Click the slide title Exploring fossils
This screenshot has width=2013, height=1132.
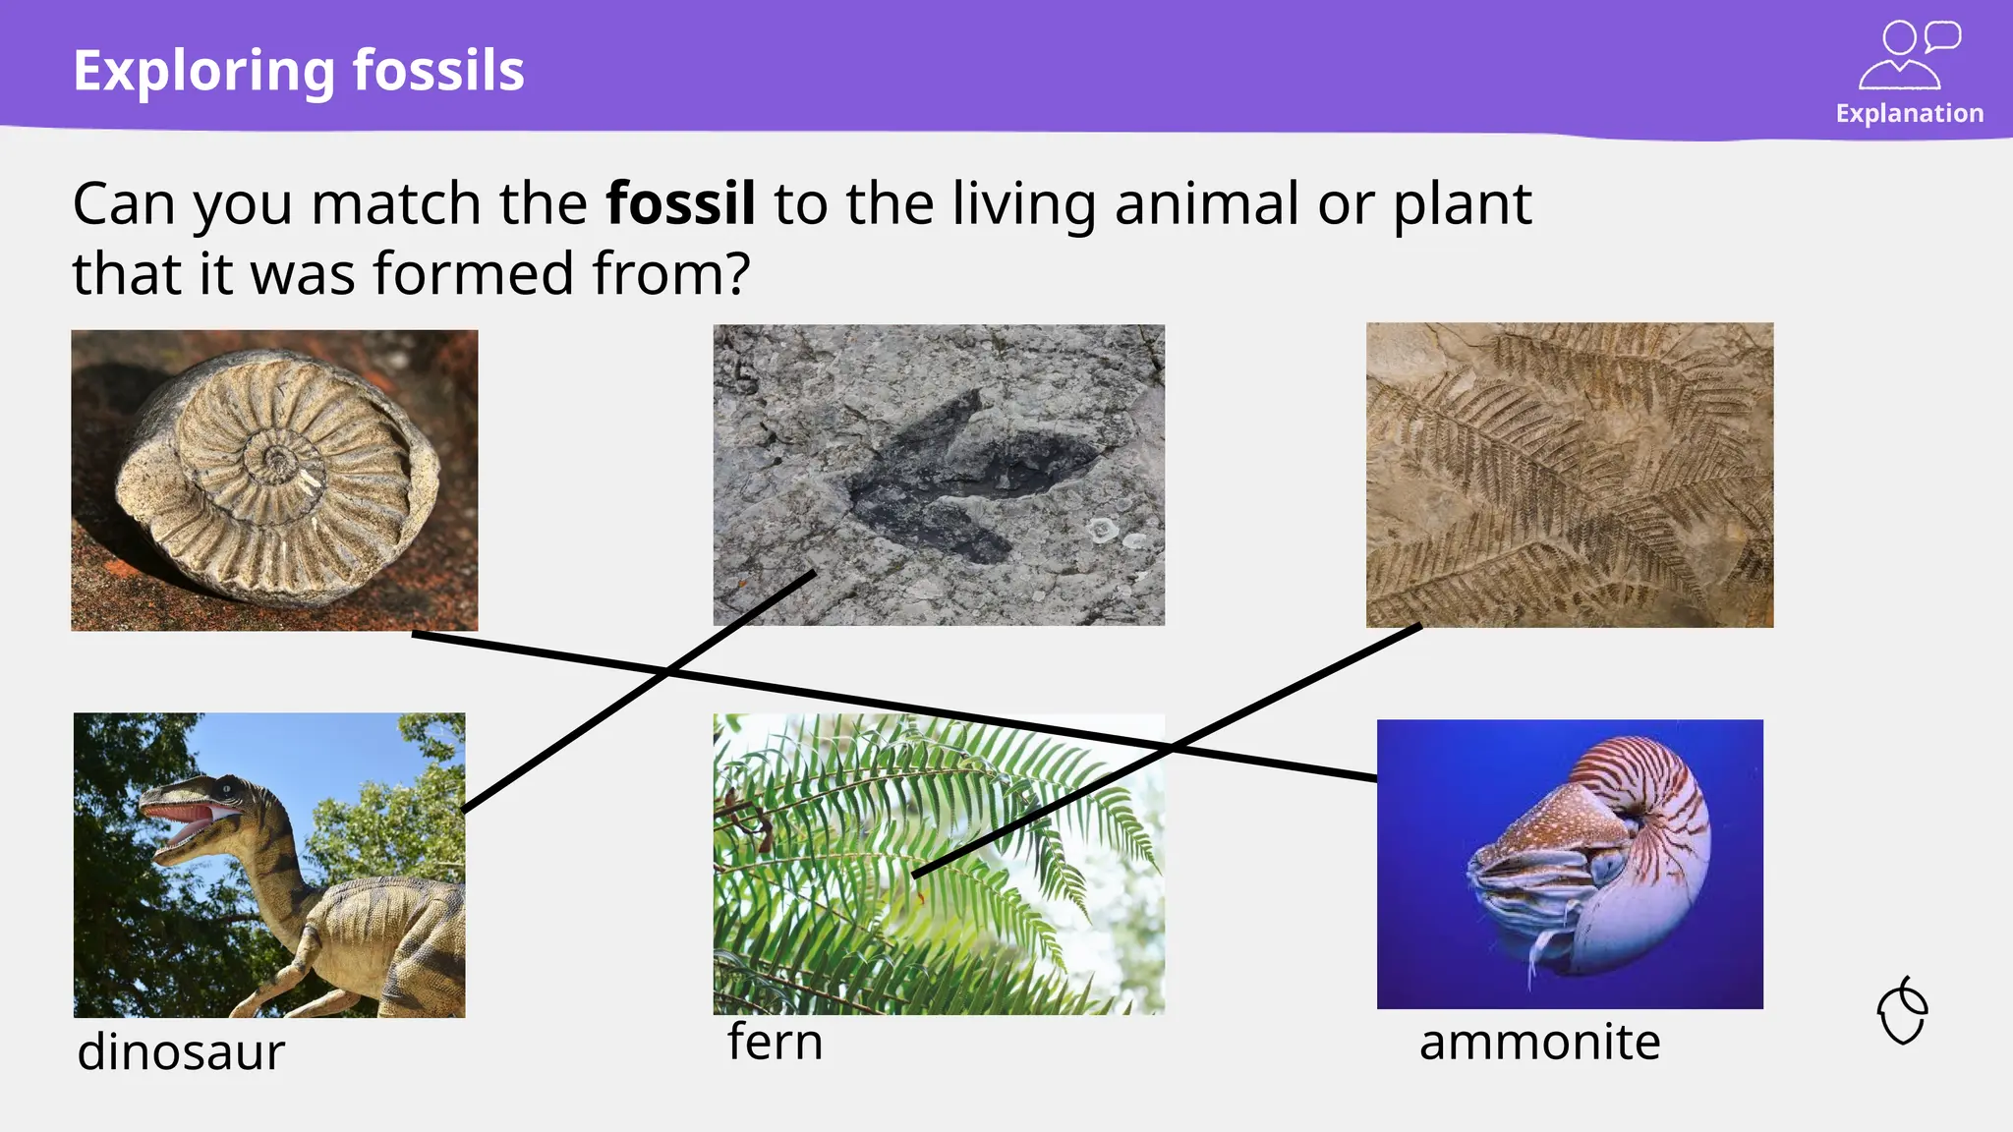point(299,71)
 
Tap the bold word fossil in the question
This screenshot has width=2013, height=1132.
point(680,203)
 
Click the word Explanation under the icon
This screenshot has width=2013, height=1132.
point(1909,113)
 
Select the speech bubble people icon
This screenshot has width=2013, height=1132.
point(1908,56)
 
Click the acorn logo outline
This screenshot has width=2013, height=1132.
point(1903,1011)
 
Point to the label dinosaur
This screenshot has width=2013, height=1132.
point(181,1051)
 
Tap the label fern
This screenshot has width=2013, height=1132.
point(775,1042)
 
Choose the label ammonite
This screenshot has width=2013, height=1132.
point(1539,1042)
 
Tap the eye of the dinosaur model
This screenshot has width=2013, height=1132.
point(227,787)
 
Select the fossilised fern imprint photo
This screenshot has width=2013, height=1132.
point(1570,475)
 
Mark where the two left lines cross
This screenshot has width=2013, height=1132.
point(669,673)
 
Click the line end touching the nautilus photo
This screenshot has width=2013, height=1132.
point(1374,778)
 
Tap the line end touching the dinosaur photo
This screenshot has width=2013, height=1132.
point(464,810)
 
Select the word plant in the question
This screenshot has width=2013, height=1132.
point(1462,203)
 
